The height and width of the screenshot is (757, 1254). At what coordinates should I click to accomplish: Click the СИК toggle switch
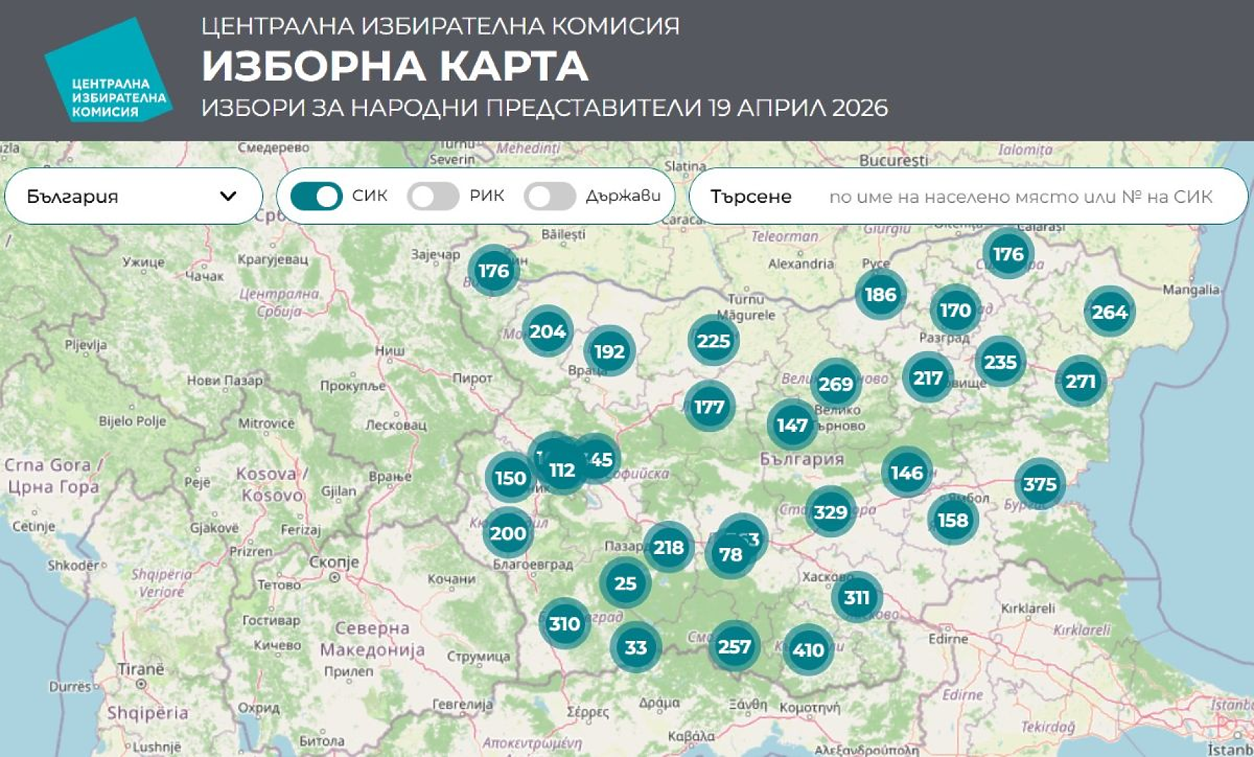click(316, 196)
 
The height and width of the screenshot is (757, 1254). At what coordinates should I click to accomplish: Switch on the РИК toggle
click(433, 196)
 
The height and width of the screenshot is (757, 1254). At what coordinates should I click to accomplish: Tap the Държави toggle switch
click(549, 196)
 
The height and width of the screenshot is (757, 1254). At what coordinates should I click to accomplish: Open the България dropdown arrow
click(228, 196)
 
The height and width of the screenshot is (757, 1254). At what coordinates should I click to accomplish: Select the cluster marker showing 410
click(808, 650)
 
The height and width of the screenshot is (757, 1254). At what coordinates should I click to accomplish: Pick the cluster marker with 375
click(1039, 484)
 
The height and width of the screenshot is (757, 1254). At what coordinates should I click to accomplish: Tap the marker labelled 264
click(1109, 312)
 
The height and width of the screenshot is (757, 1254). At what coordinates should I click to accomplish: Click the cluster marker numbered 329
click(830, 512)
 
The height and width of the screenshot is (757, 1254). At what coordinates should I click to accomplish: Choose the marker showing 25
click(625, 583)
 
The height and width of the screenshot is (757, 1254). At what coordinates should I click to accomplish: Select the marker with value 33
click(635, 647)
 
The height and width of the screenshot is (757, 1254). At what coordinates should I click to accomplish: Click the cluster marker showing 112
click(562, 470)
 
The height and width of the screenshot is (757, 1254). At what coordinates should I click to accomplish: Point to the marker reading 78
click(730, 554)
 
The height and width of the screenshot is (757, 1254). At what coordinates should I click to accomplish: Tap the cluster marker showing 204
click(547, 331)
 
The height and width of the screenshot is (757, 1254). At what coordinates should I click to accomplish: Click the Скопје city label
click(334, 562)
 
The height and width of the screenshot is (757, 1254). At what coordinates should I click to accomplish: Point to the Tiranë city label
click(141, 669)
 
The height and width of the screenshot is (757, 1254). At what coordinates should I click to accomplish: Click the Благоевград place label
click(532, 564)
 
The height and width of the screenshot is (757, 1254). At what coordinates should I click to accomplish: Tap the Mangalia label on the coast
click(1191, 290)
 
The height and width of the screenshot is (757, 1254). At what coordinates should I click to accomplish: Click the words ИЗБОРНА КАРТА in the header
click(395, 66)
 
